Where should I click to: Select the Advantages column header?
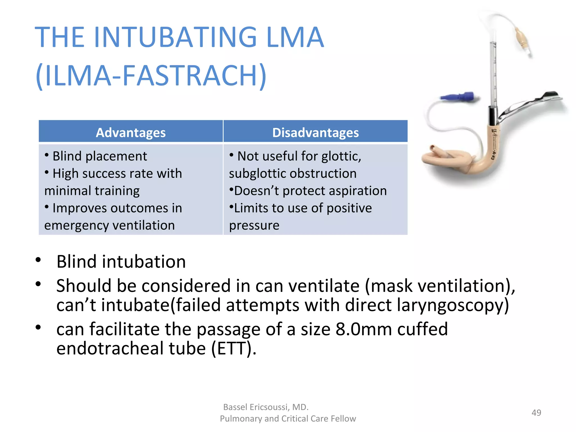pyautogui.click(x=131, y=132)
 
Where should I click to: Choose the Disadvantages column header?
pyautogui.click(x=315, y=132)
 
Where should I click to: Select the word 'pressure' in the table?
pyautogui.click(x=254, y=226)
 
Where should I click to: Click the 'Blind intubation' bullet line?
pyautogui.click(x=121, y=262)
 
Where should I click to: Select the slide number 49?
pyautogui.click(x=536, y=413)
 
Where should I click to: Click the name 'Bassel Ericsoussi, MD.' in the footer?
pyautogui.click(x=266, y=407)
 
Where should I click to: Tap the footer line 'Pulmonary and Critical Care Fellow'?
pyautogui.click(x=288, y=418)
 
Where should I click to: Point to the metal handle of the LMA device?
pyautogui.click(x=529, y=104)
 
